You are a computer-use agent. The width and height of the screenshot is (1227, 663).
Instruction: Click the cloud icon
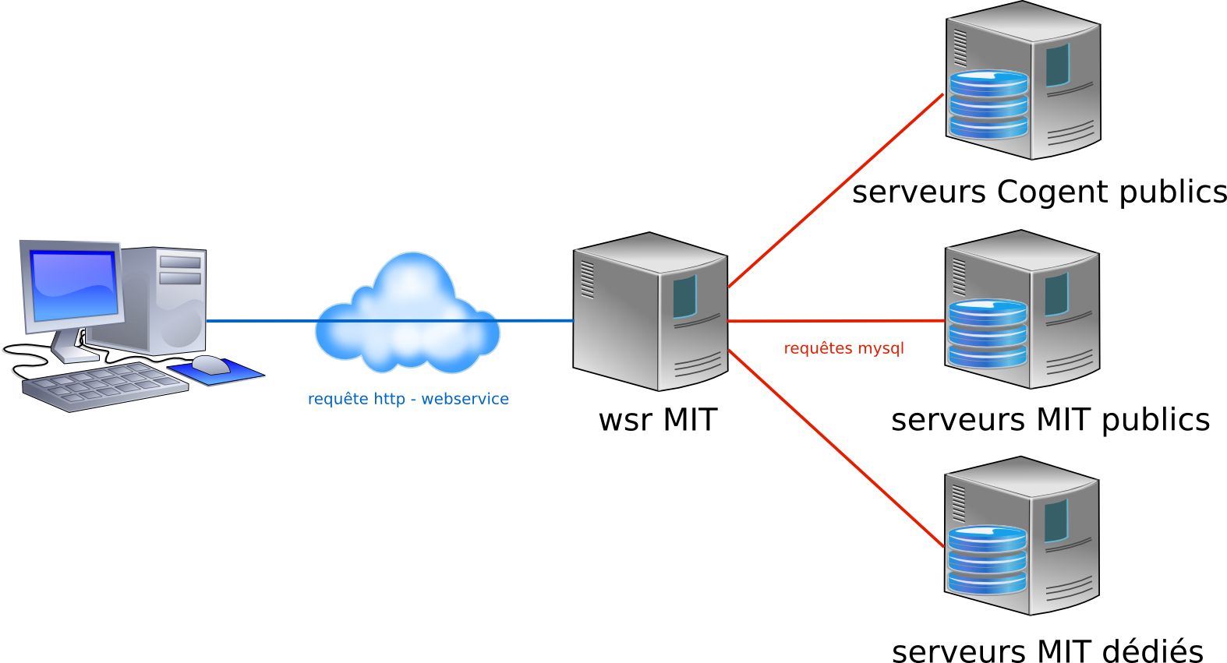(x=407, y=316)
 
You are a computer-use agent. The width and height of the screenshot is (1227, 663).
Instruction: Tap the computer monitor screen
(x=73, y=285)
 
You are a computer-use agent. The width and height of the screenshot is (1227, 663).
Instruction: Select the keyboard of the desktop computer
(x=104, y=386)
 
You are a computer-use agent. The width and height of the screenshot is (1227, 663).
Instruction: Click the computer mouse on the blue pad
(x=210, y=364)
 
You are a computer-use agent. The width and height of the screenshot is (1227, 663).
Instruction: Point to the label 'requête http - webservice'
(x=408, y=399)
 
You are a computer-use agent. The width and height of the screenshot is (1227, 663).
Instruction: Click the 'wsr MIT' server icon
(x=650, y=312)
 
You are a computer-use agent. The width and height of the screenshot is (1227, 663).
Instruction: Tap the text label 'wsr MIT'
(x=657, y=420)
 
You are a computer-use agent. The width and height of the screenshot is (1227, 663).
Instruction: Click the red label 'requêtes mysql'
(x=843, y=348)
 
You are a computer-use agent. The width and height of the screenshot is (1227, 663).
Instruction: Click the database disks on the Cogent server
(x=988, y=104)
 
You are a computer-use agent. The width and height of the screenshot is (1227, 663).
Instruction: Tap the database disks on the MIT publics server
(x=988, y=333)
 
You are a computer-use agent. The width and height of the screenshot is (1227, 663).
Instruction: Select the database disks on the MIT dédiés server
(x=987, y=560)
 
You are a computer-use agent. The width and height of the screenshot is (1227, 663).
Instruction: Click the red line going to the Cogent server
(x=834, y=192)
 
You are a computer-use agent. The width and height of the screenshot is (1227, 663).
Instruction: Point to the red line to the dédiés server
(x=834, y=448)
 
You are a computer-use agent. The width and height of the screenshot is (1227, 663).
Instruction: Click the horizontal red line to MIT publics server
(x=834, y=320)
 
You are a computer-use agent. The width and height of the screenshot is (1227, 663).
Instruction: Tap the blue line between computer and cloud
(x=257, y=320)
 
